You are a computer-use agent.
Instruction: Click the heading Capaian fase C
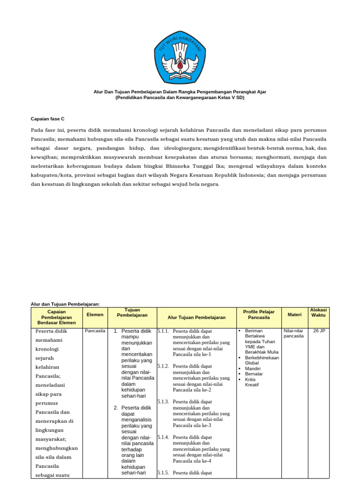pyautogui.click(x=51, y=119)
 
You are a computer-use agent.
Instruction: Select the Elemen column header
pyautogui.click(x=95, y=315)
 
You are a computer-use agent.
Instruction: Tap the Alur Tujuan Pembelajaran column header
pyautogui.click(x=197, y=317)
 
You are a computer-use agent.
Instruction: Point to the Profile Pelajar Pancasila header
pyautogui.click(x=259, y=315)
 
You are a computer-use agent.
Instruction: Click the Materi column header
pyautogui.click(x=294, y=315)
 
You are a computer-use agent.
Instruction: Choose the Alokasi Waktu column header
pyautogui.click(x=318, y=313)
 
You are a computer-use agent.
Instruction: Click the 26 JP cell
pyautogui.click(x=319, y=331)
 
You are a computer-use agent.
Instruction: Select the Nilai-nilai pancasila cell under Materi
pyautogui.click(x=294, y=333)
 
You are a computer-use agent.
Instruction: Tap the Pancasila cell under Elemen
pyautogui.click(x=95, y=331)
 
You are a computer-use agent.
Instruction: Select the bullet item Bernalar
pyautogui.click(x=254, y=374)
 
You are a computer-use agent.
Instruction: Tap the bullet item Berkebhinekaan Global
pyautogui.click(x=262, y=360)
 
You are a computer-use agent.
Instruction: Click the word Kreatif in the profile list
pyautogui.click(x=252, y=385)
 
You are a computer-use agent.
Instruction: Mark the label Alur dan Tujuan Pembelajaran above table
pyautogui.click(x=65, y=304)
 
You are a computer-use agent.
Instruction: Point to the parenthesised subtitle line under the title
pyautogui.click(x=180, y=98)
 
